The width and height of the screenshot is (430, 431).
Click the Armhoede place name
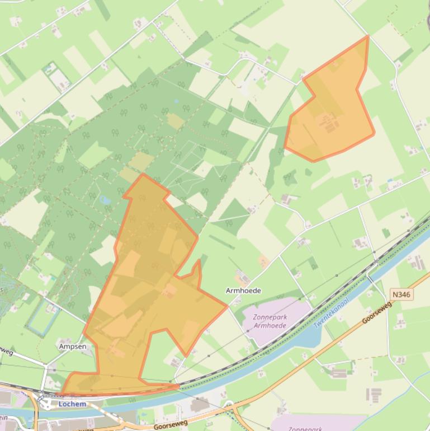[243, 291]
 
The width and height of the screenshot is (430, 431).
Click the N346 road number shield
[402, 294]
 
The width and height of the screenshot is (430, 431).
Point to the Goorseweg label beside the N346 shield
[377, 312]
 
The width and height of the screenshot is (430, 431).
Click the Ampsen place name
[73, 346]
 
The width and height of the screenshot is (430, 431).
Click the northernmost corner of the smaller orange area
[367, 36]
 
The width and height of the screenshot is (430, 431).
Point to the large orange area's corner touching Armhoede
[226, 306]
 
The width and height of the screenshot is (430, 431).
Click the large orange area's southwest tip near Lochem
[62, 393]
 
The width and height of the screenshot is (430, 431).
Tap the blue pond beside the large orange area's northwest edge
[105, 199]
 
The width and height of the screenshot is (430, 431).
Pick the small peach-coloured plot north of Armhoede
[263, 261]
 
